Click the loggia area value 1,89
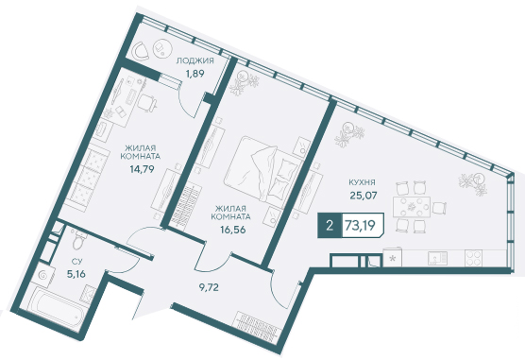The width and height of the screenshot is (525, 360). [195, 74]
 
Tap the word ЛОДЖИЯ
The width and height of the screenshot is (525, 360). [195, 61]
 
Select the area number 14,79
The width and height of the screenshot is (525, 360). [143, 169]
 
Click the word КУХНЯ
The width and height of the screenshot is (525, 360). [362, 182]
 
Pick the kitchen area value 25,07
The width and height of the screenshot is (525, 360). [364, 195]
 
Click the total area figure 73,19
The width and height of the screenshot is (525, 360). [360, 226]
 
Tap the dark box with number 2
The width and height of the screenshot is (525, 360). [330, 226]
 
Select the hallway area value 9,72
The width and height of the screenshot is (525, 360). [209, 287]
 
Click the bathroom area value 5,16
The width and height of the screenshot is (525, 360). [76, 274]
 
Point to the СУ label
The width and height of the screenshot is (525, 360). [76, 261]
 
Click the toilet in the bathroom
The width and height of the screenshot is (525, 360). [79, 239]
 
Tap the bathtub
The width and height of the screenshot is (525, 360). [59, 306]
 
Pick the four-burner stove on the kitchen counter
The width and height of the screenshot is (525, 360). [473, 258]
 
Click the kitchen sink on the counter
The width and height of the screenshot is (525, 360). [437, 258]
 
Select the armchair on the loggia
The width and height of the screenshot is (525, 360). [140, 51]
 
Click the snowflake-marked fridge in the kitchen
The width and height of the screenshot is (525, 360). [393, 257]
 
